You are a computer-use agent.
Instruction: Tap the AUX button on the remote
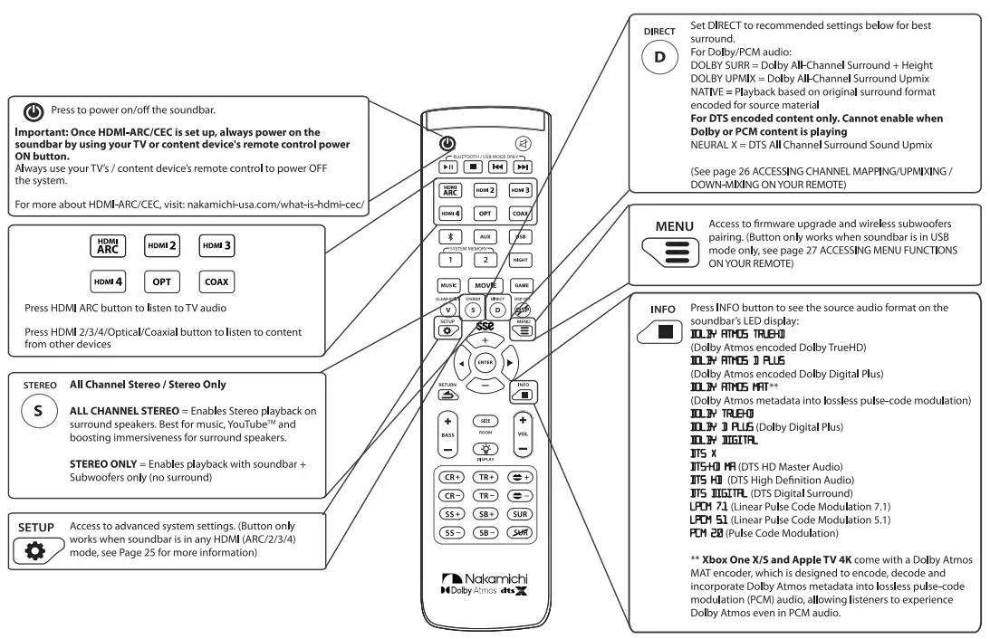click(x=485, y=235)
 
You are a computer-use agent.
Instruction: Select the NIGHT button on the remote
click(x=522, y=258)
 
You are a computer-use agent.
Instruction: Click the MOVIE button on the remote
click(x=485, y=285)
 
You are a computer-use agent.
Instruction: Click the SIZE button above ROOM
click(x=485, y=422)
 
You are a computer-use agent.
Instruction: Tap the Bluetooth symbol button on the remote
click(x=447, y=235)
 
